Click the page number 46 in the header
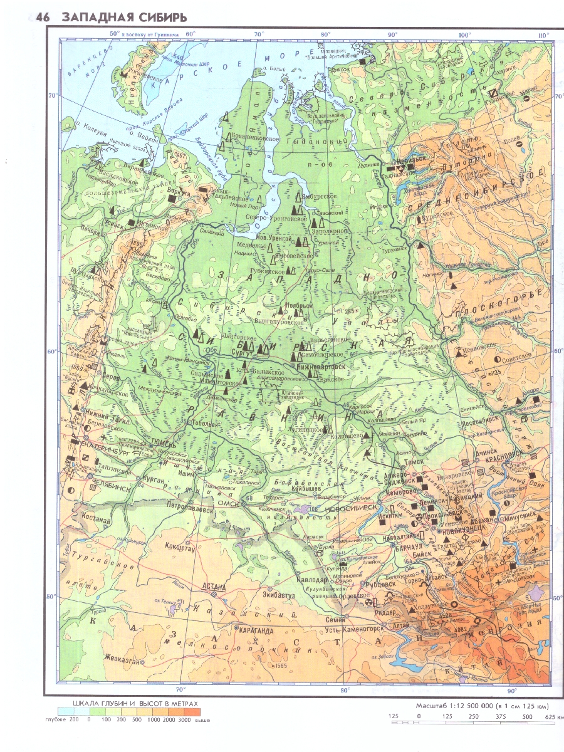click(42, 18)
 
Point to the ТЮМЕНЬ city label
click(164, 442)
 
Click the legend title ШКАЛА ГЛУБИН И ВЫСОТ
click(135, 704)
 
